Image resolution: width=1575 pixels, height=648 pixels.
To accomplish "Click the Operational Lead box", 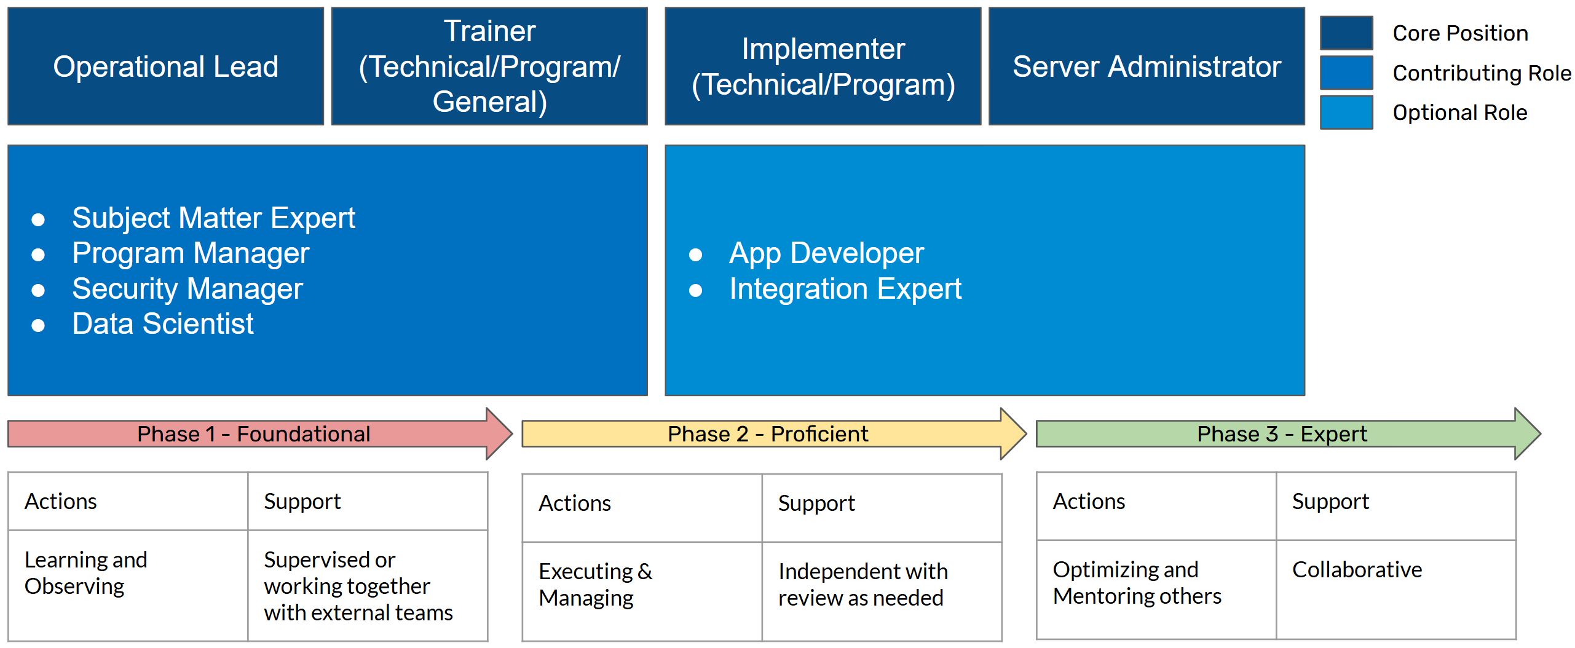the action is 165,66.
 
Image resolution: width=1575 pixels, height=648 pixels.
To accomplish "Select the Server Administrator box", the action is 1147,66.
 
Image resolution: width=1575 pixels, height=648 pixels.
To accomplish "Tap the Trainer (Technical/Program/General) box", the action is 489,66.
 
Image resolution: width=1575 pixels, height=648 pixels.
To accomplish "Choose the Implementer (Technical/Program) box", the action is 823,66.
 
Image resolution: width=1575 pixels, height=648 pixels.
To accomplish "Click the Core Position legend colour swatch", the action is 1346,33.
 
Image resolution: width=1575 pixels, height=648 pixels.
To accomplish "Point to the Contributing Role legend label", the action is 1482,73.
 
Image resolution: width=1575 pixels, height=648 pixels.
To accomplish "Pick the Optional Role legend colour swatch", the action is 1346,113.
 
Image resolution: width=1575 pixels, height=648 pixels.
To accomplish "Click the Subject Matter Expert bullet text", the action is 213,218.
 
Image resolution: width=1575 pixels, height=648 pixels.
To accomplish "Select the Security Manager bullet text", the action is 187,289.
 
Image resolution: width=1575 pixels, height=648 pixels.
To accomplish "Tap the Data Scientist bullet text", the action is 163,324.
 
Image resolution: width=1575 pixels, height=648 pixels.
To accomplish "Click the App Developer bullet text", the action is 826,253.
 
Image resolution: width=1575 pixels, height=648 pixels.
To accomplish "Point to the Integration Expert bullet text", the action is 845,289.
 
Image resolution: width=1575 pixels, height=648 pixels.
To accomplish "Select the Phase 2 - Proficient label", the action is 768,434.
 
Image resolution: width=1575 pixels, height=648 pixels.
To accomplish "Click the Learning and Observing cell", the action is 128,586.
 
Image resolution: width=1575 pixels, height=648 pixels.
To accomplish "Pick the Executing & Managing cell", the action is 642,591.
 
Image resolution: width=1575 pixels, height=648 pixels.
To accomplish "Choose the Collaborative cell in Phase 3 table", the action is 1396,590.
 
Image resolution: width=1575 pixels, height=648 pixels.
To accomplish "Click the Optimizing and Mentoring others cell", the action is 1156,590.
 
